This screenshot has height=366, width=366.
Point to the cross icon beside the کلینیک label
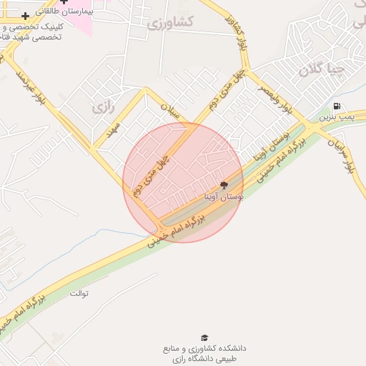25,16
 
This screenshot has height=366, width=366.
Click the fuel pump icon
337,107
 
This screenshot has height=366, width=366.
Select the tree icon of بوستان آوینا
224,184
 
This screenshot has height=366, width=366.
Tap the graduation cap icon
204,337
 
